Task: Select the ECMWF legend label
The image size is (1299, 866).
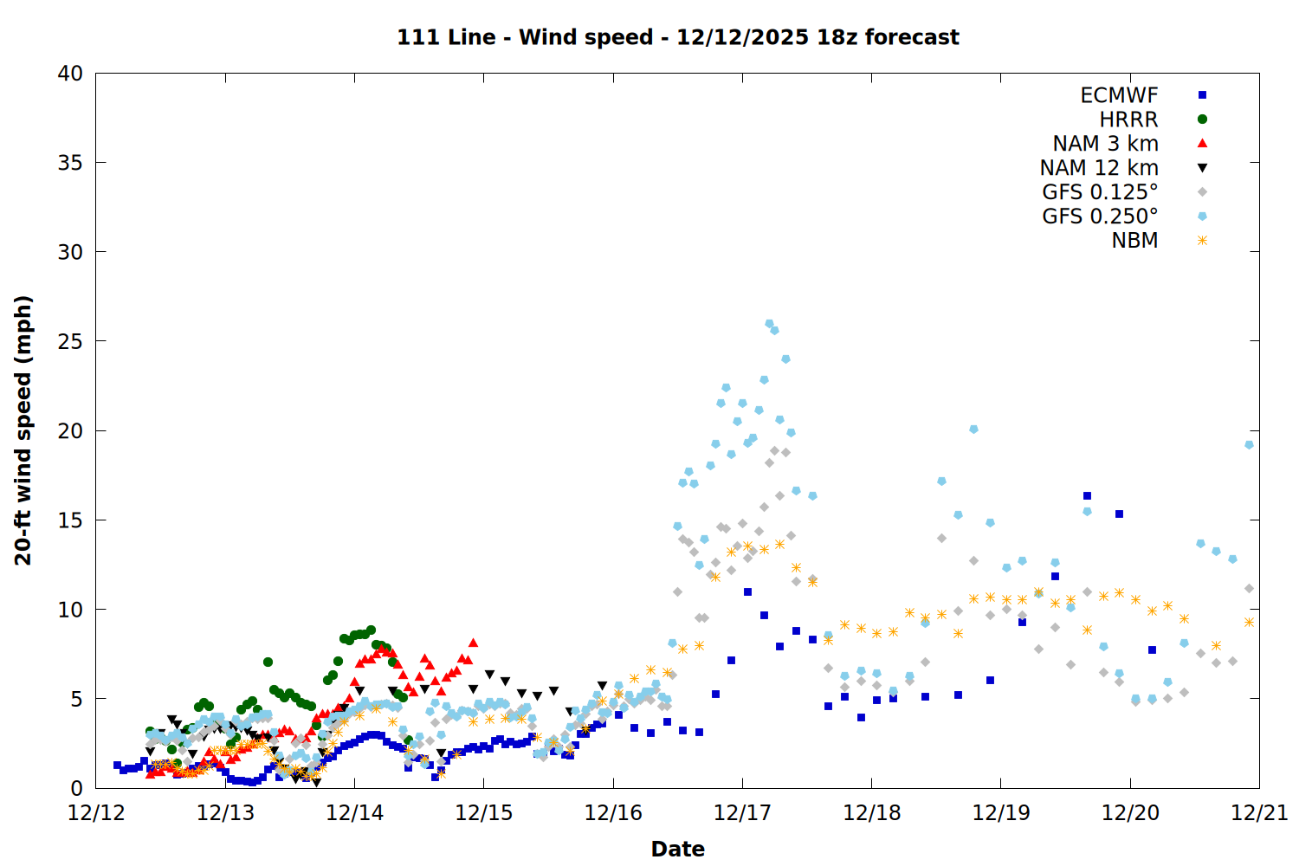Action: tap(1119, 95)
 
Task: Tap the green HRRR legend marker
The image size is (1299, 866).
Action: tap(1202, 120)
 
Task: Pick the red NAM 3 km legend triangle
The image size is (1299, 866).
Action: tap(1202, 143)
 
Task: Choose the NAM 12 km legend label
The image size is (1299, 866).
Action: tap(1099, 168)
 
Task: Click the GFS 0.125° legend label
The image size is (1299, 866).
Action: tap(1100, 192)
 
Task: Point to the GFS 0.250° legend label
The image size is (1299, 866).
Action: tap(1100, 216)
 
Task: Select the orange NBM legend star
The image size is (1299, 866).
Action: tap(1202, 241)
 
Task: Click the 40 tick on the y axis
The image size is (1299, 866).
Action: tap(70, 74)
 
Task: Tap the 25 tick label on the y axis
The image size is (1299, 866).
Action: tap(70, 341)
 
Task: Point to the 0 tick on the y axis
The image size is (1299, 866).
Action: tap(76, 788)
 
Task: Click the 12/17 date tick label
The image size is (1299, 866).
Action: tap(742, 813)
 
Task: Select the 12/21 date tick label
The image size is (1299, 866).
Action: tap(1259, 813)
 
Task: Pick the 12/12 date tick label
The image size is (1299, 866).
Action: tap(96, 813)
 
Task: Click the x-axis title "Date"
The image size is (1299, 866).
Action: tap(677, 849)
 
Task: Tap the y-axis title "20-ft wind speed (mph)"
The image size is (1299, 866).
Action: tap(23, 430)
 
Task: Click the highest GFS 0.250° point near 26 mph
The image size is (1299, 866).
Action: tap(769, 324)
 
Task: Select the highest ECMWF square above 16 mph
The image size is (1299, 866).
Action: tap(1087, 496)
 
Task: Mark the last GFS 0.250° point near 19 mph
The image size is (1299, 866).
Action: tap(1249, 445)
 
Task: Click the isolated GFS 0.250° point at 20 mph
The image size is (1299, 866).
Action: tap(973, 430)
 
